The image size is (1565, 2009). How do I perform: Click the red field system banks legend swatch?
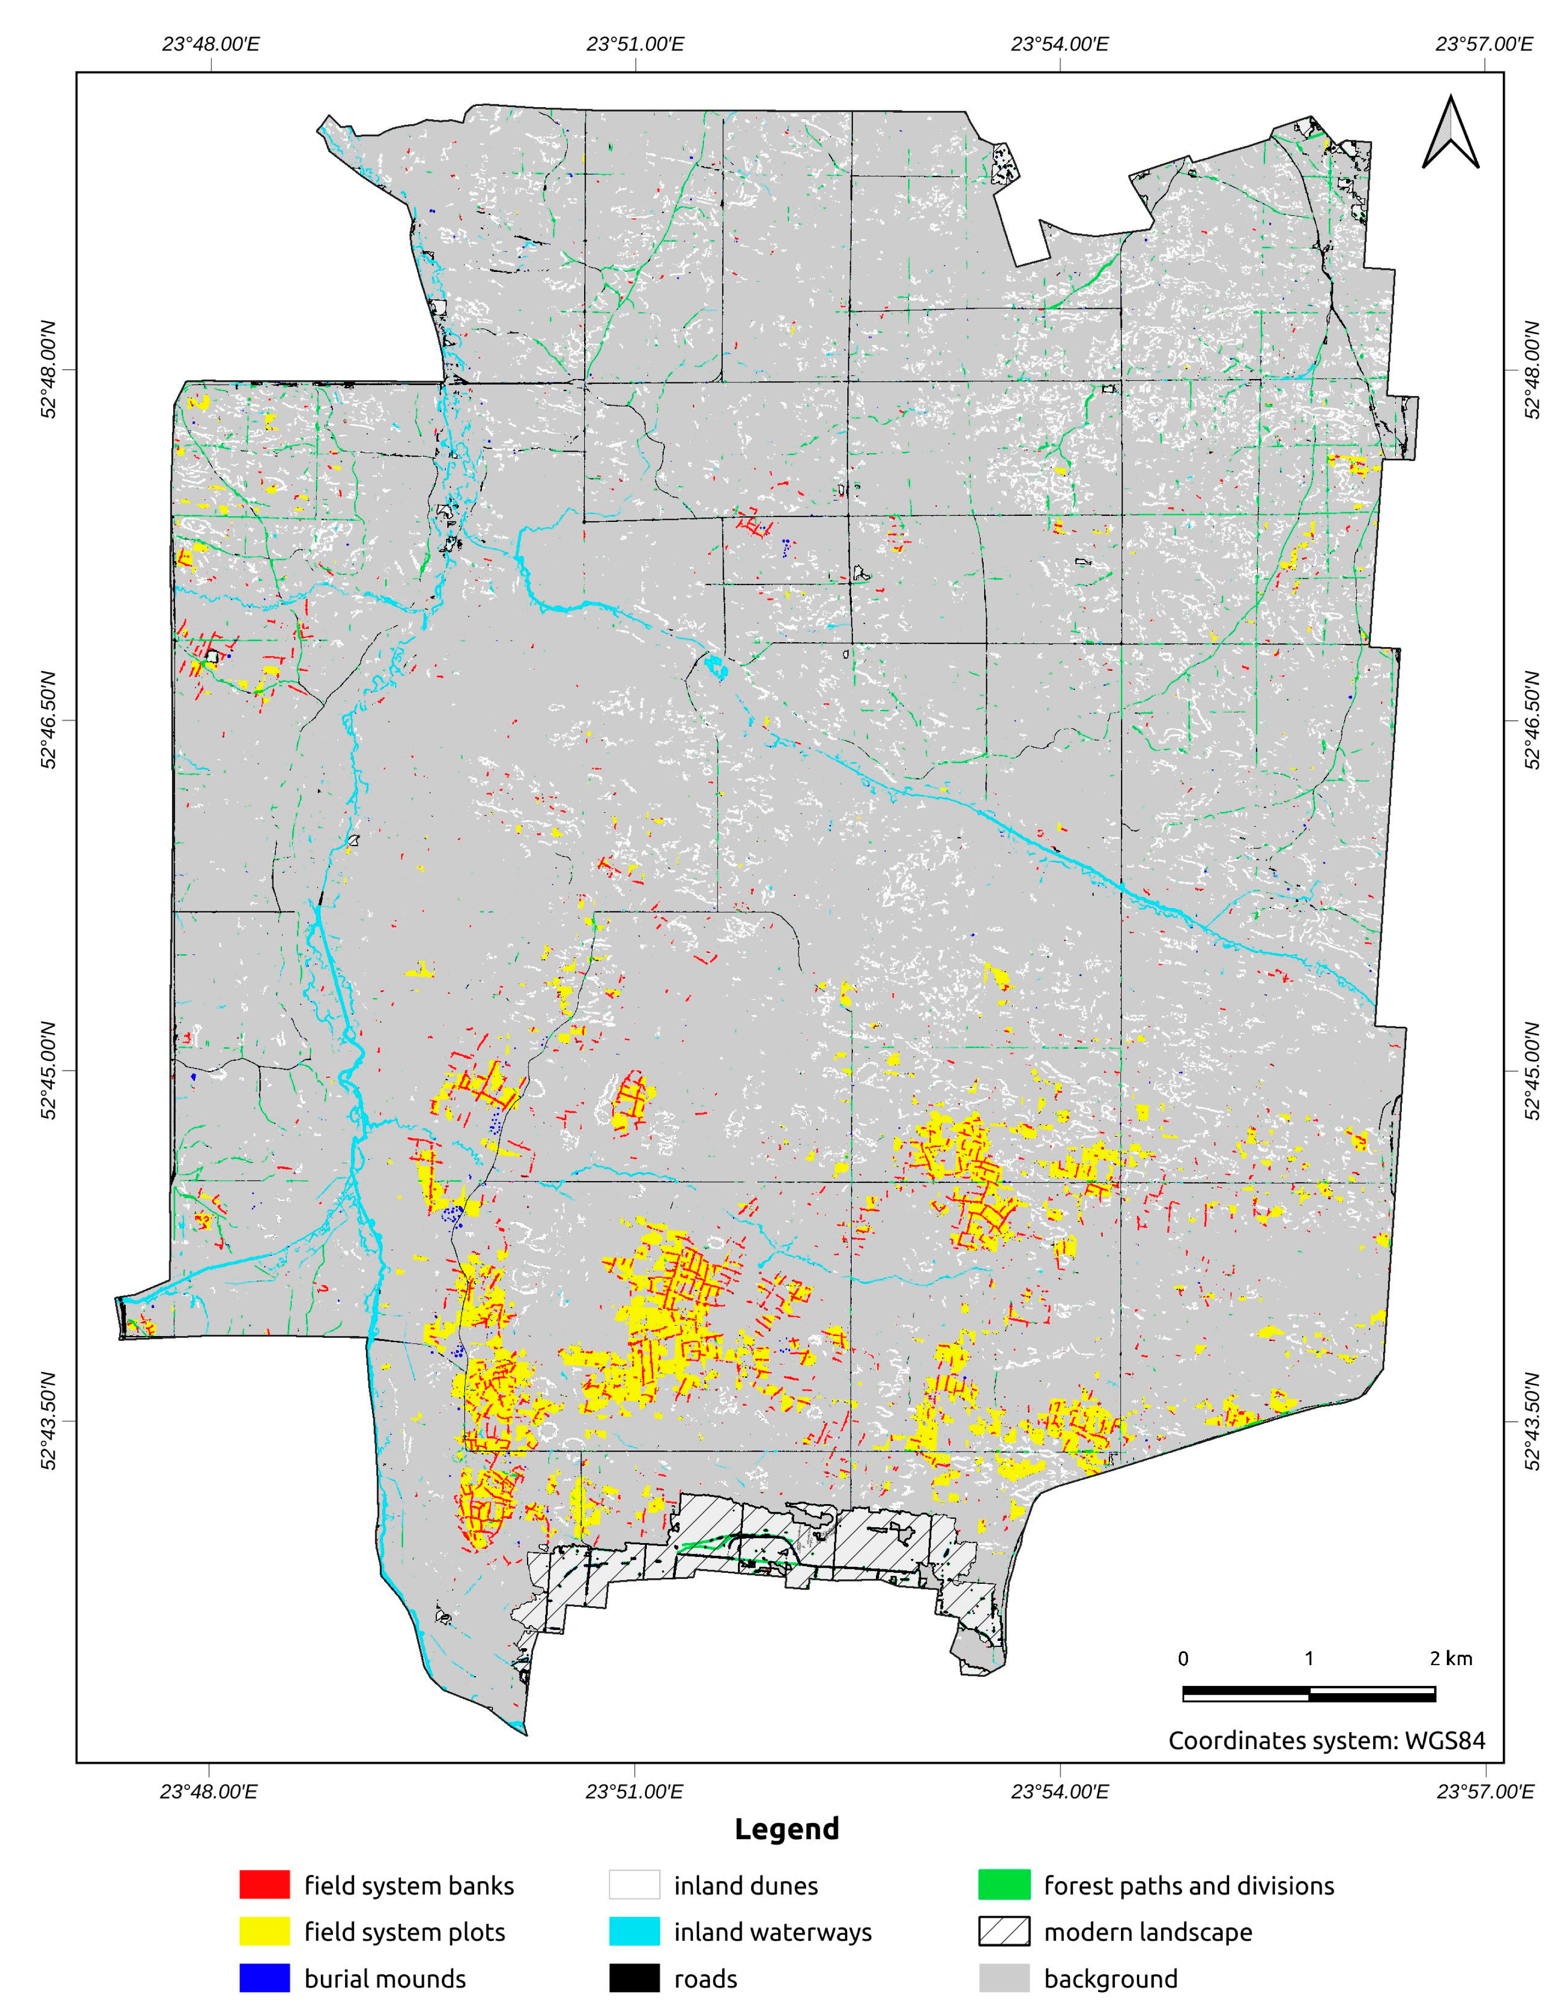(264, 1885)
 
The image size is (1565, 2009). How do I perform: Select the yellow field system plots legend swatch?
(264, 1932)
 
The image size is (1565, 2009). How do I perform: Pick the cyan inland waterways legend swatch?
(634, 1932)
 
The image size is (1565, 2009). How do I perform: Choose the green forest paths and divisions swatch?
(1004, 1885)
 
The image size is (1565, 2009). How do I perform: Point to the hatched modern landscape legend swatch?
(1004, 1932)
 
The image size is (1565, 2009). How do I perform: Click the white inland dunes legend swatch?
(634, 1885)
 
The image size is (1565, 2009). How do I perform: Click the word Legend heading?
(787, 1829)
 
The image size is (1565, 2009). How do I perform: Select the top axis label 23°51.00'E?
(635, 43)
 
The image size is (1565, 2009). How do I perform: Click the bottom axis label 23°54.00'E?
(1060, 1791)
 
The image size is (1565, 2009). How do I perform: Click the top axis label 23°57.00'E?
(1485, 43)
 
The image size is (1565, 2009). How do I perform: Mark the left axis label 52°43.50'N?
(48, 1421)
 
